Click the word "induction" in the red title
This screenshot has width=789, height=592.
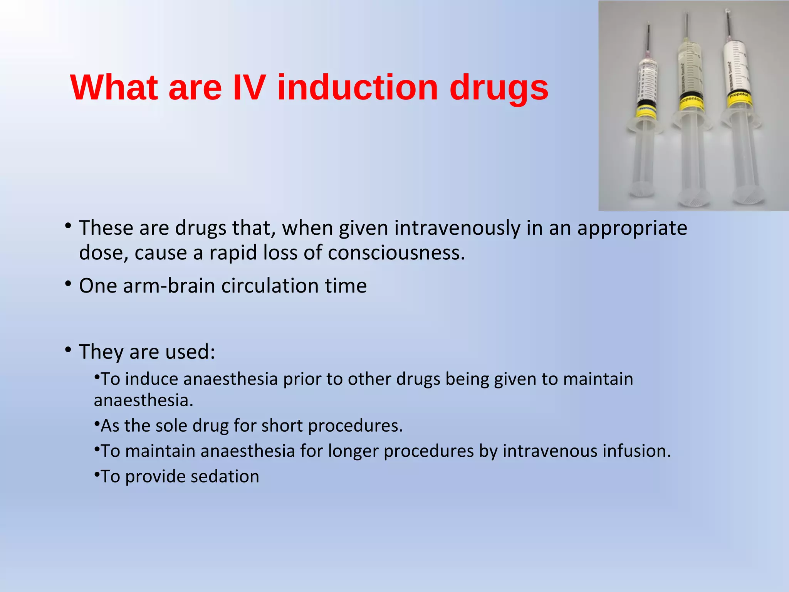(x=358, y=88)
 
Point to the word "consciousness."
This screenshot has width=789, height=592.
(x=396, y=253)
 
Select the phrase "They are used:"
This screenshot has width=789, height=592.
(x=147, y=352)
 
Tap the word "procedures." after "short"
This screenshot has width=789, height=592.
(x=355, y=426)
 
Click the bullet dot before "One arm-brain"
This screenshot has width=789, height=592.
(x=68, y=284)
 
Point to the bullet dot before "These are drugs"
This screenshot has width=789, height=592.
(x=68, y=226)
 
